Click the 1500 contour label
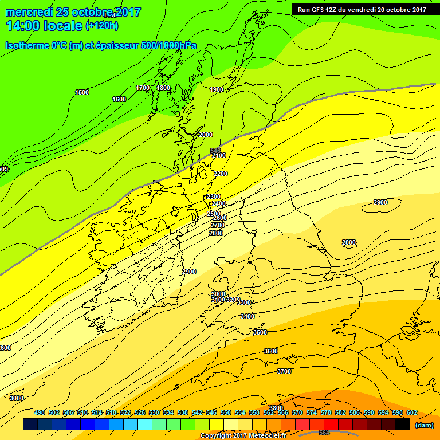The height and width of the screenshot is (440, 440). (82, 92)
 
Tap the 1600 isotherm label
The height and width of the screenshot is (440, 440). (119, 99)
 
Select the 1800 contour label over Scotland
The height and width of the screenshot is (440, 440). (163, 88)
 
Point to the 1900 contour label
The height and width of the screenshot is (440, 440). (217, 89)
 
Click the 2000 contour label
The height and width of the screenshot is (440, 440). (205, 135)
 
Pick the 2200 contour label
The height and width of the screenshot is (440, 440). (220, 174)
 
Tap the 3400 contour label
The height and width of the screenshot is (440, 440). (247, 316)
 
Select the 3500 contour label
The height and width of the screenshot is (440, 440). (260, 332)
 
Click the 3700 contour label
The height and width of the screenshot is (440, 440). (284, 371)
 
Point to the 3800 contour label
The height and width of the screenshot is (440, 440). (276, 408)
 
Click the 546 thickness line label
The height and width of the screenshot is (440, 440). (215, 151)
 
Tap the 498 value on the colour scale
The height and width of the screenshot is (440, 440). (40, 412)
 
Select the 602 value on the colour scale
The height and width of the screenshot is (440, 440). (411, 412)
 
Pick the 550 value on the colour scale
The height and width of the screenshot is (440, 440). (225, 412)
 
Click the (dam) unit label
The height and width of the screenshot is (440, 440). (424, 425)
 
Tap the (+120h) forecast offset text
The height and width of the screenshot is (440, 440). (102, 26)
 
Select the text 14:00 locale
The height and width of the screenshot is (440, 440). (44, 26)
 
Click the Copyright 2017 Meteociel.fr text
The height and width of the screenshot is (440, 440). (243, 436)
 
